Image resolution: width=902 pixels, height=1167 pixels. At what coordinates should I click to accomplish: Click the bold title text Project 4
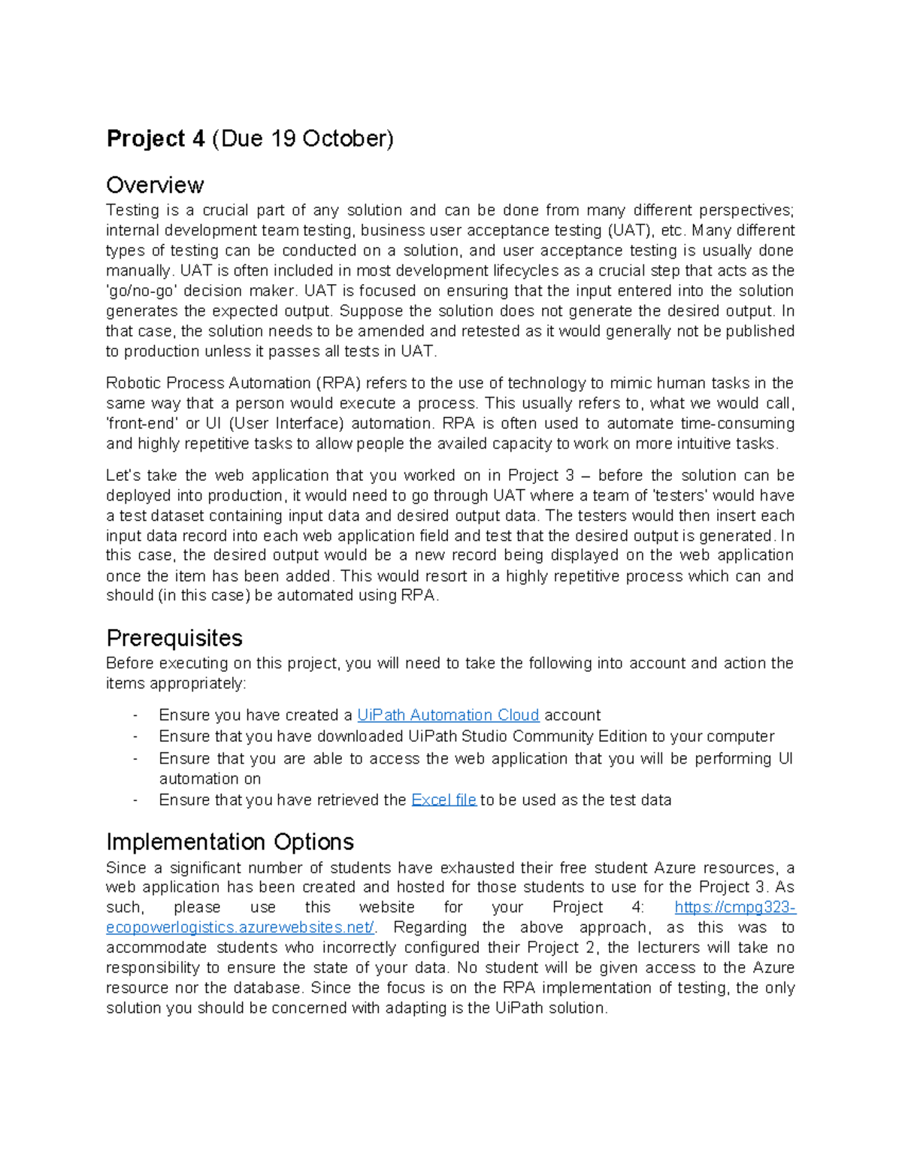click(156, 139)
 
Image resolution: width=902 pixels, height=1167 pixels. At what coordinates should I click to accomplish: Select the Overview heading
click(155, 185)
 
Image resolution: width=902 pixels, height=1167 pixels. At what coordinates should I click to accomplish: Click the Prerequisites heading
click(174, 638)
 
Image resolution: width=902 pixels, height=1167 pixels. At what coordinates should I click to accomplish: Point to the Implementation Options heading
click(230, 842)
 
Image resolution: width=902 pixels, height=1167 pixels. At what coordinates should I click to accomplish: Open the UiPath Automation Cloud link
click(448, 715)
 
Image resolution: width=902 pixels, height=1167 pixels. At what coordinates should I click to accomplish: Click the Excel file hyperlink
click(443, 800)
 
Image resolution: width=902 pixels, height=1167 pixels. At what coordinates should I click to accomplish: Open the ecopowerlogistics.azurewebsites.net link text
click(240, 928)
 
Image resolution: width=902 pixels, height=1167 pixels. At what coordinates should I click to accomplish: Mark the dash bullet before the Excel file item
click(135, 800)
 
